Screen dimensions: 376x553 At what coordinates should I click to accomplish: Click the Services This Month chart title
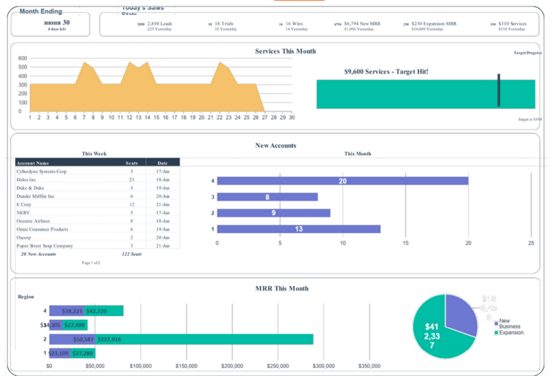pos(285,51)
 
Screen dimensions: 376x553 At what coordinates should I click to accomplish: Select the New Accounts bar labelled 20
pos(342,181)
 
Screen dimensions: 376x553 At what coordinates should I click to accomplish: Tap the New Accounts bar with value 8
pos(267,197)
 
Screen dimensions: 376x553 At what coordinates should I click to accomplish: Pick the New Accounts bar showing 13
pos(298,229)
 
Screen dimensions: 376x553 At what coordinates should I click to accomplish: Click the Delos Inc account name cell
pos(26,180)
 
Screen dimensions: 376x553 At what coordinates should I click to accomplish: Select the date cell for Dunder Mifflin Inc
pos(162,196)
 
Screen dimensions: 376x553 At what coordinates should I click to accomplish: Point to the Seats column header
pos(131,163)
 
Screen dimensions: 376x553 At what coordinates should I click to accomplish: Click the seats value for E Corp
pos(131,204)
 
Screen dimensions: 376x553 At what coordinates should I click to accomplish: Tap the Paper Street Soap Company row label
pos(45,246)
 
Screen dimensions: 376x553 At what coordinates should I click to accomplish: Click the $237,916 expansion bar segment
pos(202,339)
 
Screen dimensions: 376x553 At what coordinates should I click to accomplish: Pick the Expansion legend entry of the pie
pos(511,333)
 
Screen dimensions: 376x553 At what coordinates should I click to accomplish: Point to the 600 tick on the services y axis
pos(23,58)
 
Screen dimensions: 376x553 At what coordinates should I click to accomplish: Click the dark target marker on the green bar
pos(498,90)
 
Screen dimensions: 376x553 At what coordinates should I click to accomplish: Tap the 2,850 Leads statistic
pos(160,24)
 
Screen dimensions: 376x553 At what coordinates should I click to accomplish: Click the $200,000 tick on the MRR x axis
pos(232,366)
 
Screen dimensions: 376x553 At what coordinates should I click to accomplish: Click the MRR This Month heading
pos(282,288)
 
